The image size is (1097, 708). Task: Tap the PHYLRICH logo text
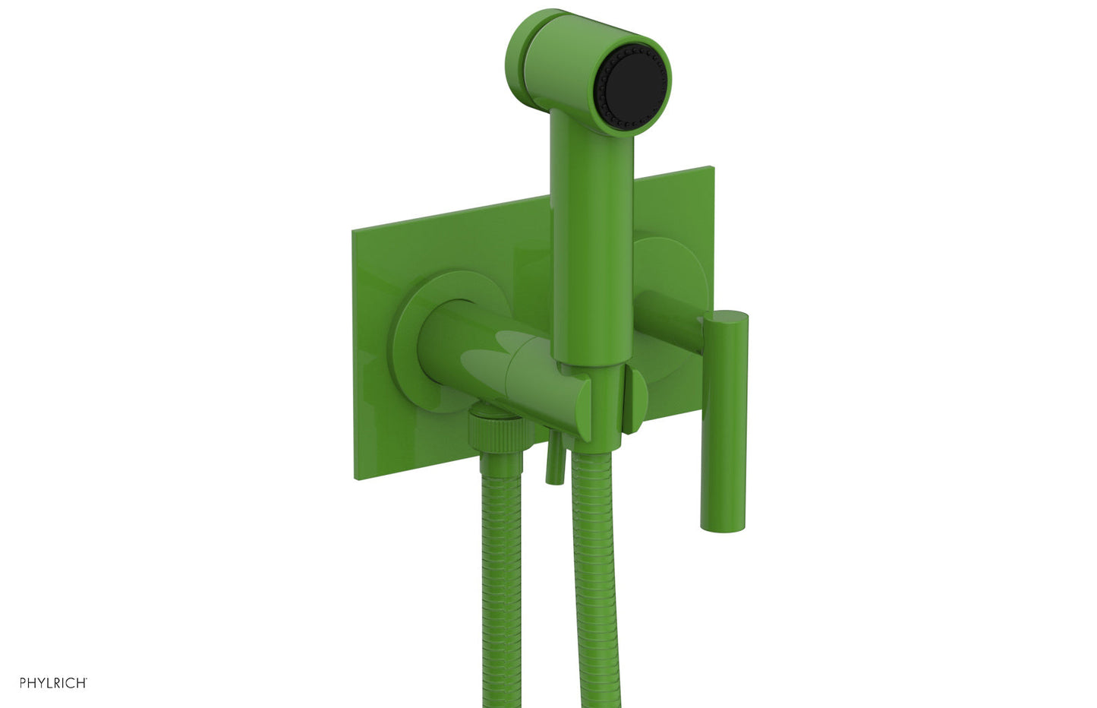tap(53, 682)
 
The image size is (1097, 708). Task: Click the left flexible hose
tap(499, 578)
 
